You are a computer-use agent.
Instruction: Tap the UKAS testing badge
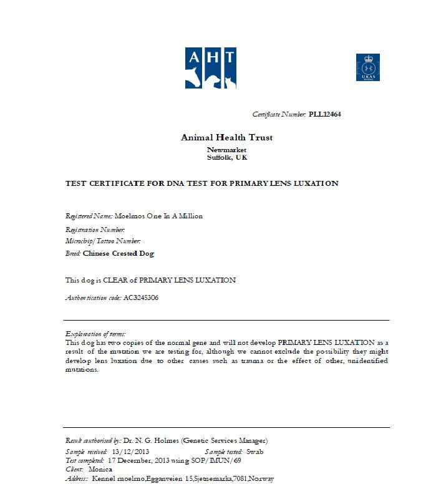(x=367, y=67)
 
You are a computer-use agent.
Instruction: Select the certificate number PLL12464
(x=324, y=114)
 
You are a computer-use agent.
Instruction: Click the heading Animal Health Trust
(x=226, y=137)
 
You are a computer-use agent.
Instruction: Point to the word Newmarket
(x=226, y=150)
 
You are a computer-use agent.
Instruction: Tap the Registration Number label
(x=95, y=230)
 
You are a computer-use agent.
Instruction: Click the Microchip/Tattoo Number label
(x=103, y=241)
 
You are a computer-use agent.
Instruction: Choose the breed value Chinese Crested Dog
(x=119, y=253)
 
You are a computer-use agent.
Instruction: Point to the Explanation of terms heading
(x=95, y=334)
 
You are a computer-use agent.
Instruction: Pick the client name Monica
(x=100, y=469)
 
